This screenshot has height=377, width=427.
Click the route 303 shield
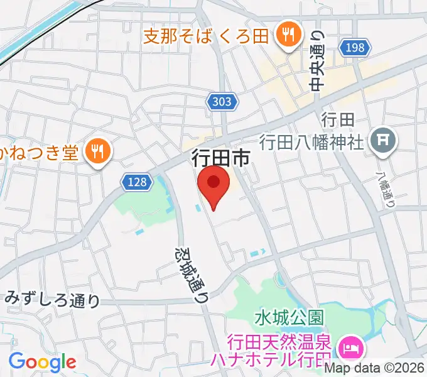coord(221,101)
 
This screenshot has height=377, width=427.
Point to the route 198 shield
coord(354,48)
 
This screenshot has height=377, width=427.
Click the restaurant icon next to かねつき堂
coord(99,151)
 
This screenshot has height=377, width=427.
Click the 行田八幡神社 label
coord(312,141)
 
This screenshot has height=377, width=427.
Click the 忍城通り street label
coord(190,274)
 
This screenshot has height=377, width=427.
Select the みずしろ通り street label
coord(53,299)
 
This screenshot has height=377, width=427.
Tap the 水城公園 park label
coord(288,317)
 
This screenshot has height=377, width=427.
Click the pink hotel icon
coord(347,346)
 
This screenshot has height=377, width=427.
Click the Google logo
coord(42,361)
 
